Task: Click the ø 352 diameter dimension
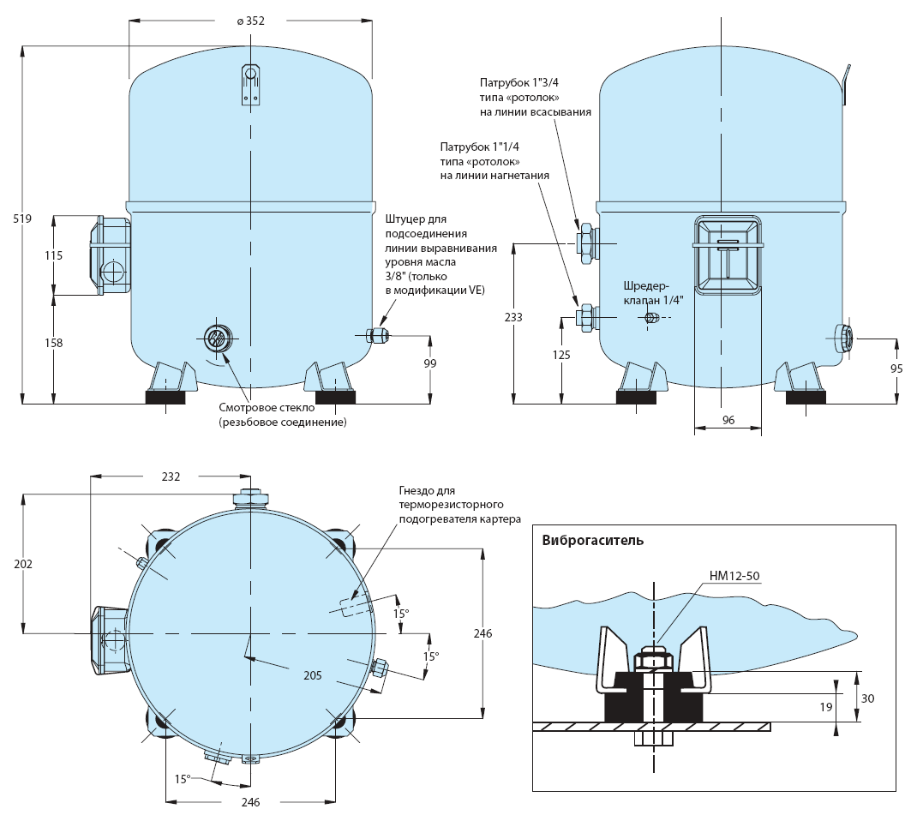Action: click(251, 21)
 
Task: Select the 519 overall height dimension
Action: click(22, 219)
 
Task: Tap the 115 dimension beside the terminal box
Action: click(53, 255)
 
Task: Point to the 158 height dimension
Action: click(53, 343)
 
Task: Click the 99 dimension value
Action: click(430, 363)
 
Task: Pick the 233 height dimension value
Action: click(513, 317)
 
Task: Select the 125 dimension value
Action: click(560, 354)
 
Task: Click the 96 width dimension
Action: click(728, 420)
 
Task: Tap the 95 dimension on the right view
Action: click(896, 369)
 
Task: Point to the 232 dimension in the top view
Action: click(171, 476)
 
